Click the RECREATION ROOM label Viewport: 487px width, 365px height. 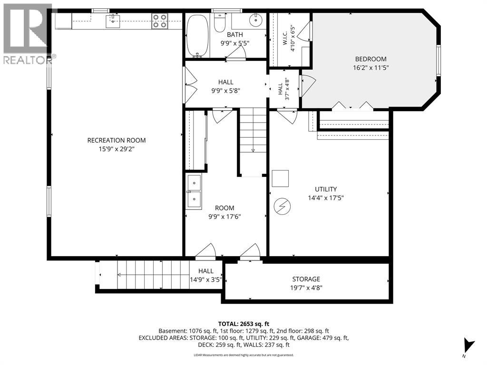tap(117, 140)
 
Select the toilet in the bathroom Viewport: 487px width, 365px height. tap(220, 23)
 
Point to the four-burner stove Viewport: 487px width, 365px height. tap(160, 21)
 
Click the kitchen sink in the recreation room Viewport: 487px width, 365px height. tap(113, 21)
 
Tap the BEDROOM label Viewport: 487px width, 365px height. tap(371, 59)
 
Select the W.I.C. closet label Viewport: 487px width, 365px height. tap(285, 38)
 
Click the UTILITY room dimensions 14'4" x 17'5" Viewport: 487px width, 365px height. tap(326, 198)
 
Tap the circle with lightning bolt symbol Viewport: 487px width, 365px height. tap(282, 206)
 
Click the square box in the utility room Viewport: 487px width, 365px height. tap(280, 179)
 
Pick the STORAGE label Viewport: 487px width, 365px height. tap(306, 279)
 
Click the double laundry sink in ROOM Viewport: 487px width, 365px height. tap(194, 192)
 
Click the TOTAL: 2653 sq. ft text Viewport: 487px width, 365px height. tap(243, 324)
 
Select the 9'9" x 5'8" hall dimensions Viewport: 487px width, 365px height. tap(226, 91)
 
